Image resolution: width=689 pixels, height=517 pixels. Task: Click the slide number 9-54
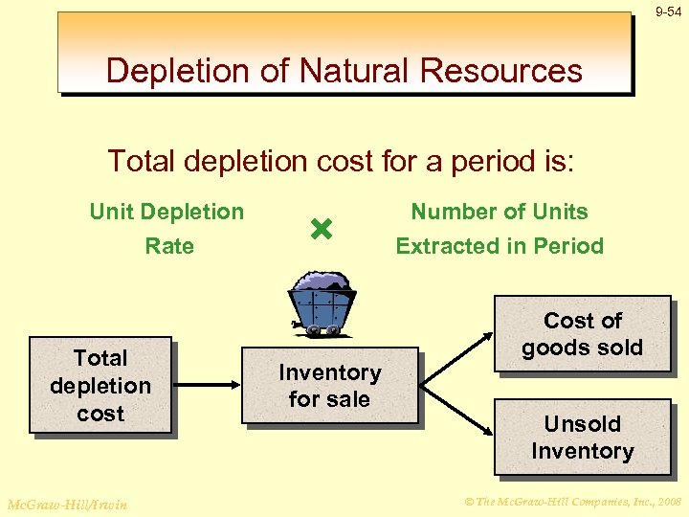[x=669, y=11]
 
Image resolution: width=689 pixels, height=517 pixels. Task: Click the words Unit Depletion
[x=167, y=212]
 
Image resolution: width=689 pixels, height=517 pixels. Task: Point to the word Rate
[x=169, y=246]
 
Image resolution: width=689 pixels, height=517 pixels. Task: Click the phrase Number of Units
[x=500, y=212]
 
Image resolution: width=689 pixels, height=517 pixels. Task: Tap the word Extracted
[x=438, y=246]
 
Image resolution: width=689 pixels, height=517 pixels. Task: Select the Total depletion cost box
[x=100, y=385]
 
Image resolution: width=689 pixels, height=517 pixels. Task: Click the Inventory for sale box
[x=329, y=385]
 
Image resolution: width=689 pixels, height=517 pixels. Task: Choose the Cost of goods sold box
[x=582, y=334]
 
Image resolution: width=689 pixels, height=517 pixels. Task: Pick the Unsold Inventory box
[x=582, y=438]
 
